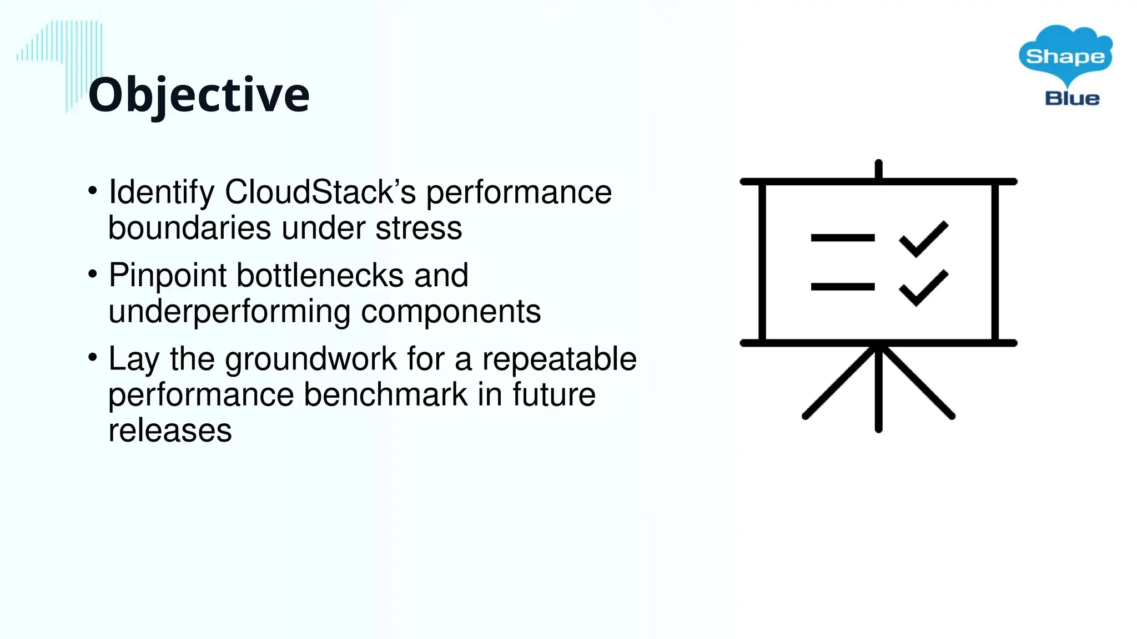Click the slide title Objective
198,95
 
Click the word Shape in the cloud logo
1065,57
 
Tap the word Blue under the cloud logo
1072,99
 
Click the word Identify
162,192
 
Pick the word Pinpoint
168,276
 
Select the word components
451,312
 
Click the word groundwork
311,359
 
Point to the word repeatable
559,359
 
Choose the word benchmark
386,394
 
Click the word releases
170,430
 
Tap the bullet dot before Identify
93,190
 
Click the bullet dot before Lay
93,357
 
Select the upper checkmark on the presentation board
924,239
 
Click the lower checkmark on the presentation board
924,288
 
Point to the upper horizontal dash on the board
842,238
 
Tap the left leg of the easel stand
839,382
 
